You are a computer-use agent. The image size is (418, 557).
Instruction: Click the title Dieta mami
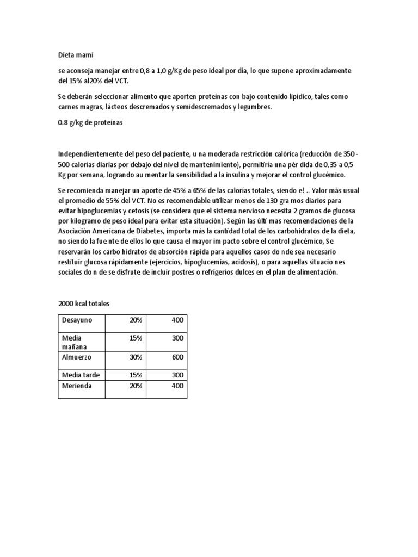(79, 55)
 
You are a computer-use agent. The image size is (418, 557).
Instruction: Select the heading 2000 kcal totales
(84, 304)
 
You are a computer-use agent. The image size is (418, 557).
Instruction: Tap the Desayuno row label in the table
(77, 320)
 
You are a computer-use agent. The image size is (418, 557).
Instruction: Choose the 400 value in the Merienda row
(177, 386)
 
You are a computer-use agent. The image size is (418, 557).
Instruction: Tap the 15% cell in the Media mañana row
(136, 338)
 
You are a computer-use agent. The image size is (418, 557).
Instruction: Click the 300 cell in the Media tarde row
(177, 375)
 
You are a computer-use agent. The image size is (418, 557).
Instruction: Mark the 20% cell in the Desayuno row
(136, 320)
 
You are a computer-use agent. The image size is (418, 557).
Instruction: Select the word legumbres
(253, 107)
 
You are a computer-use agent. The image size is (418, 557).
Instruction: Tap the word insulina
(234, 175)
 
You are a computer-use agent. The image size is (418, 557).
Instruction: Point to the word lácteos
(120, 107)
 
